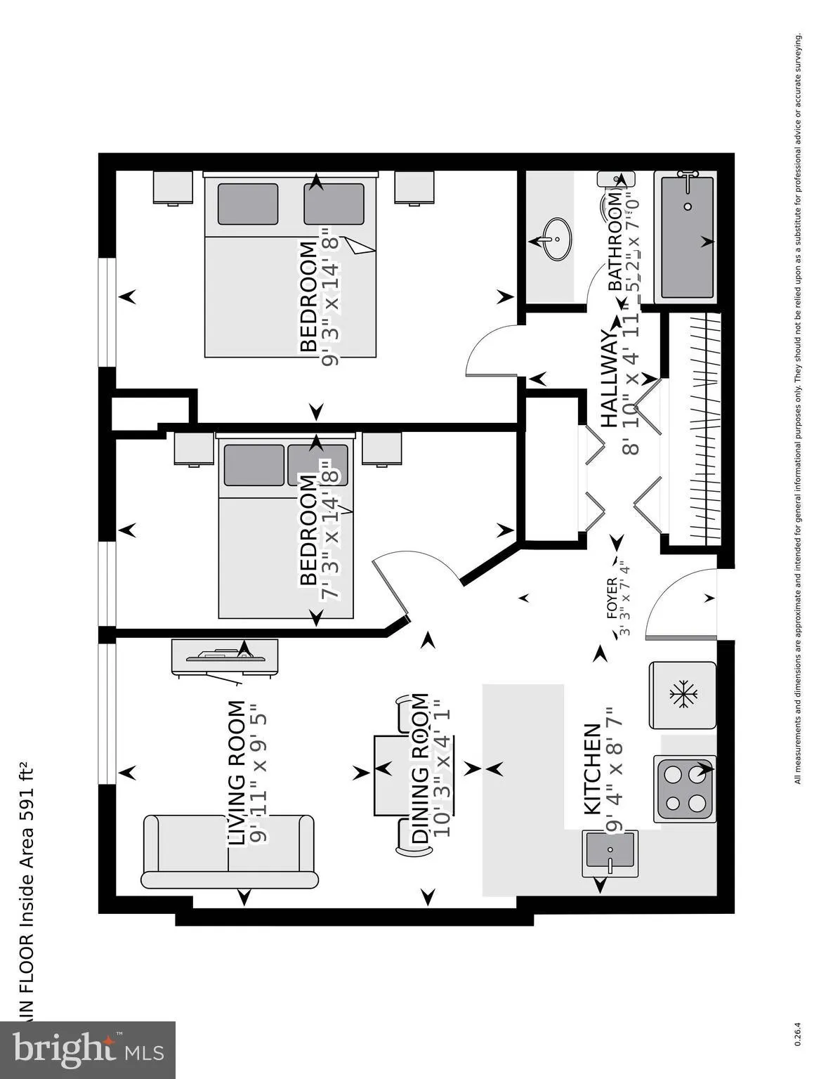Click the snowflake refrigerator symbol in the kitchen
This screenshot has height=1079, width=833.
(683, 695)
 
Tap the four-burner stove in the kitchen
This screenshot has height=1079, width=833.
(685, 788)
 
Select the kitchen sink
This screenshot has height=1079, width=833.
(610, 853)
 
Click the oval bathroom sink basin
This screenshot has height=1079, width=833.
(556, 239)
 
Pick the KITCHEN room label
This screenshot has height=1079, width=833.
(592, 769)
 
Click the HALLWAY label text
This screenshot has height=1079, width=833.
(610, 379)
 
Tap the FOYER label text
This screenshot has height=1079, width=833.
(611, 599)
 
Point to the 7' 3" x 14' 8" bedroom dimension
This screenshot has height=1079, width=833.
(330, 530)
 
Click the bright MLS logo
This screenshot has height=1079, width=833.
(87, 1050)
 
